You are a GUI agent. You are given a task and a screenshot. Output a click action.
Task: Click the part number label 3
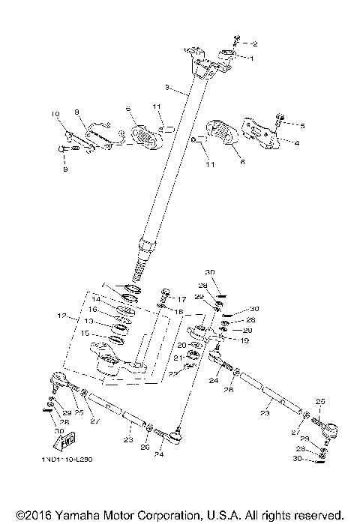tap(166, 87)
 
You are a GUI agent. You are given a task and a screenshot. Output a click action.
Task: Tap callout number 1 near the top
tap(253, 58)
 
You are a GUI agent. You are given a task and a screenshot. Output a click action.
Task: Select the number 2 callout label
tap(253, 43)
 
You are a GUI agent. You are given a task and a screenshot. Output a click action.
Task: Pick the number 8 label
tap(76, 112)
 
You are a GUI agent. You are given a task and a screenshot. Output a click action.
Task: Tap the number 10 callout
tap(54, 115)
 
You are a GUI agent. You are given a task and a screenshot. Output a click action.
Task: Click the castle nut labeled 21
tap(192, 357)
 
